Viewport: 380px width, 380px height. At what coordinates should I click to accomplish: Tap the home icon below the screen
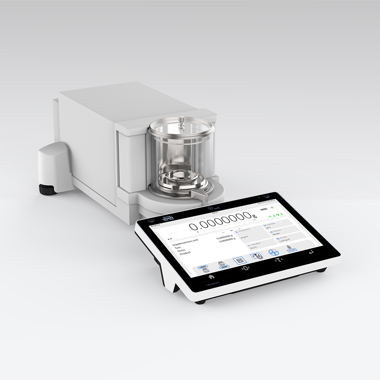(x=212, y=277)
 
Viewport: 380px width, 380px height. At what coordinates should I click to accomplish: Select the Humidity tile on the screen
(x=277, y=226)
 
